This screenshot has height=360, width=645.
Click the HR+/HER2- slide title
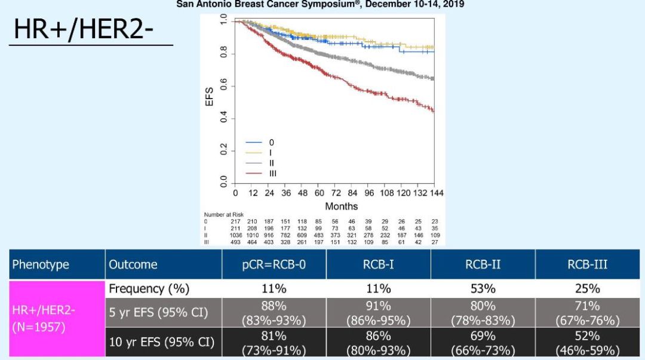coord(88,29)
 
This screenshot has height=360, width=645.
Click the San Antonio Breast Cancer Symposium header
coord(320,4)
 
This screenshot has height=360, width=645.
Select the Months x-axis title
coord(341,206)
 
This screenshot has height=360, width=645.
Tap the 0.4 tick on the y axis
coord(223,119)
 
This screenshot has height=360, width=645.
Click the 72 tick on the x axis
coord(336,193)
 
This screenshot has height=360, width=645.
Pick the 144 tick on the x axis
coord(436,193)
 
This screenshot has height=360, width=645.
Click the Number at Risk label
coord(223,214)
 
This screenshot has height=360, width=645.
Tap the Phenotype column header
coord(41,264)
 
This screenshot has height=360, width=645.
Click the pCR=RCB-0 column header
coord(274,264)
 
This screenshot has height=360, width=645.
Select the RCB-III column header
coord(587,264)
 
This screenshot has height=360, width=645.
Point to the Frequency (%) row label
coord(149,289)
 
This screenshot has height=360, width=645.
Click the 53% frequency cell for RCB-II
coord(483,289)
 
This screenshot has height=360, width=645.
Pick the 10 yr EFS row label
coord(161,343)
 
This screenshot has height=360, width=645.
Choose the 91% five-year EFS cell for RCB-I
coord(378,313)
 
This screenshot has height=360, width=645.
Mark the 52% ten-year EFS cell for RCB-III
coord(587,343)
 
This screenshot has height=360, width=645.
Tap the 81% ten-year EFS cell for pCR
coord(274,343)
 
